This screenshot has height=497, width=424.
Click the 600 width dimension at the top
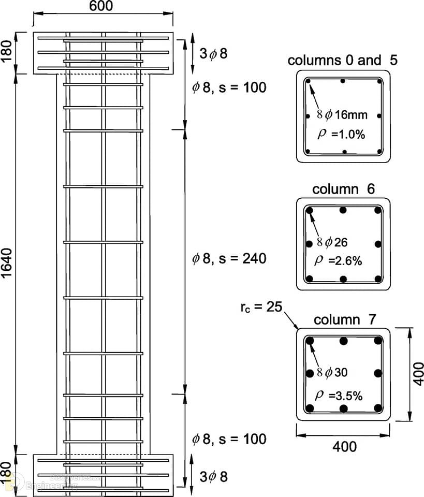tap(101, 6)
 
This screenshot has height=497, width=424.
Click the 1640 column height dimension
tap(6, 264)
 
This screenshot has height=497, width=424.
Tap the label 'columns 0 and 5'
tap(342, 60)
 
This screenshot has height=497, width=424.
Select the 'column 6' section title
tap(343, 189)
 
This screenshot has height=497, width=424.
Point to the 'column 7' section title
tap(344, 320)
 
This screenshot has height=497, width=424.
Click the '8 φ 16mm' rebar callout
tap(342, 114)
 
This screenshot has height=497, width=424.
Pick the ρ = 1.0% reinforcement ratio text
tap(341, 135)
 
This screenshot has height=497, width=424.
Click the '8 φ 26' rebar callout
tap(332, 242)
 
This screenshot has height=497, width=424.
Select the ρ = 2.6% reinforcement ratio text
tap(338, 261)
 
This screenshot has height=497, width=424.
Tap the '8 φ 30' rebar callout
tap(332, 372)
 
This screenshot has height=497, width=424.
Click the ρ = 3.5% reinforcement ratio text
tap(339, 396)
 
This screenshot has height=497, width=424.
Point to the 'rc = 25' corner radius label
tap(261, 307)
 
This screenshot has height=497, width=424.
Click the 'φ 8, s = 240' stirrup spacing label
tap(229, 259)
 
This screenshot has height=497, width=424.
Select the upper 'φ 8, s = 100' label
tap(229, 87)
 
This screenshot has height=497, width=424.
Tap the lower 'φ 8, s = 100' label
tap(229, 439)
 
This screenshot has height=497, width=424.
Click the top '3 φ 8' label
tap(213, 53)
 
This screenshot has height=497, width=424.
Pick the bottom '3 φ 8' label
tap(214, 476)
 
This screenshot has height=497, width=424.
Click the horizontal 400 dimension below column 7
tap(344, 447)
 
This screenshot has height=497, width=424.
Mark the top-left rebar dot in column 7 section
tap(310, 341)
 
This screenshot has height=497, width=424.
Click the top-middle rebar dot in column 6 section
tap(343, 210)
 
